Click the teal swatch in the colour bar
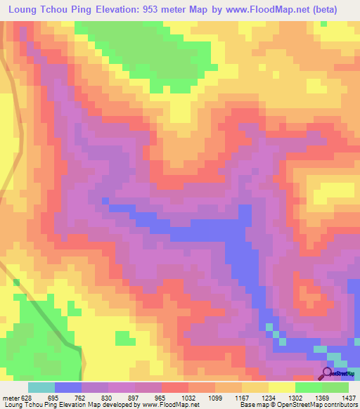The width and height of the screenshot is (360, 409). [41, 387]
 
